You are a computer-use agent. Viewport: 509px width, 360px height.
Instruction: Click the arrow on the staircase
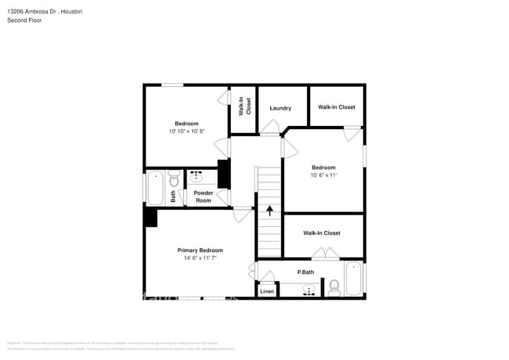pos(270,210)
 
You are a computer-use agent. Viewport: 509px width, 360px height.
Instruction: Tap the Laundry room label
pos(280,108)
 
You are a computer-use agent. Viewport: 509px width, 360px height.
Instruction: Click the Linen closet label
pos(267,291)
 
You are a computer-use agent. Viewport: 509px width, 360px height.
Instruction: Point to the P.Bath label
pos(305,272)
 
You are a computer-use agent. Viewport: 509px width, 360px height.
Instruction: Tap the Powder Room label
pos(203,196)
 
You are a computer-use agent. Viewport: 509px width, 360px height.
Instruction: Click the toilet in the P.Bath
pos(334,287)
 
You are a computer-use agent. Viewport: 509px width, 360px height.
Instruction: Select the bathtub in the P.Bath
pos(354,279)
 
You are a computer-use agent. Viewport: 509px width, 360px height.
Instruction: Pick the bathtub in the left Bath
pos(155,188)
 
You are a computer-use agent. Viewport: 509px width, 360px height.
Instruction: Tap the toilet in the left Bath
pos(174,179)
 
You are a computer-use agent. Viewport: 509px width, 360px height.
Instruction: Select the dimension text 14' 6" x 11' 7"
pos(200,257)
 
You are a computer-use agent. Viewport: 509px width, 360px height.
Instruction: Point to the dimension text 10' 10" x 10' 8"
pos(186,131)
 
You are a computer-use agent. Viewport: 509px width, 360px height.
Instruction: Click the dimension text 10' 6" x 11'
pos(323,175)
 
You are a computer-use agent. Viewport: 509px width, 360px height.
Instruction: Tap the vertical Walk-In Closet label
pos(244,106)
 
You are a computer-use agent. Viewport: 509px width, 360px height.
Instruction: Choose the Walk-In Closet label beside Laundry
pos(337,107)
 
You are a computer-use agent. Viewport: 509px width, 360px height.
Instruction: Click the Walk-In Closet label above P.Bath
pos(322,233)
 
